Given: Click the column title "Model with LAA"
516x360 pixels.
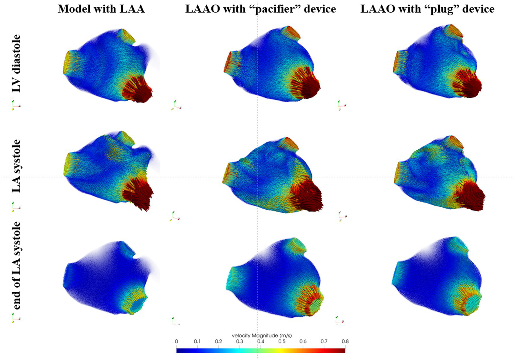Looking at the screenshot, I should pyautogui.click(x=101, y=8).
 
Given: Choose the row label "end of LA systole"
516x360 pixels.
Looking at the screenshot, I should pyautogui.click(x=16, y=266).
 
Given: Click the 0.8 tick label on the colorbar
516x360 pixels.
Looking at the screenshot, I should pyautogui.click(x=345, y=341).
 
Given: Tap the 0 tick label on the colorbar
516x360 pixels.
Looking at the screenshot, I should pyautogui.click(x=176, y=341).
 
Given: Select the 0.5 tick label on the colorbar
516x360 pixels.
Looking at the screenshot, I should pyautogui.click(x=282, y=341).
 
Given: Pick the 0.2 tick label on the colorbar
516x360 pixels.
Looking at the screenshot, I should pyautogui.click(x=219, y=341).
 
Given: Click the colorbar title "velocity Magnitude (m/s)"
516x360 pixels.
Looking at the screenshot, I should pyautogui.click(x=262, y=335).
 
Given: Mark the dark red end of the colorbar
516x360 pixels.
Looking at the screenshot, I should pyautogui.click(x=342, y=350).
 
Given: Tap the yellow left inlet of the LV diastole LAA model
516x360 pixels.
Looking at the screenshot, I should pyautogui.click(x=69, y=63).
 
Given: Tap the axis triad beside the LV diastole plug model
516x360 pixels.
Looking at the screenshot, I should pyautogui.click(x=342, y=105).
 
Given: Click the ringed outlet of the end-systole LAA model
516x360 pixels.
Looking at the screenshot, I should pyautogui.click(x=138, y=305).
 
